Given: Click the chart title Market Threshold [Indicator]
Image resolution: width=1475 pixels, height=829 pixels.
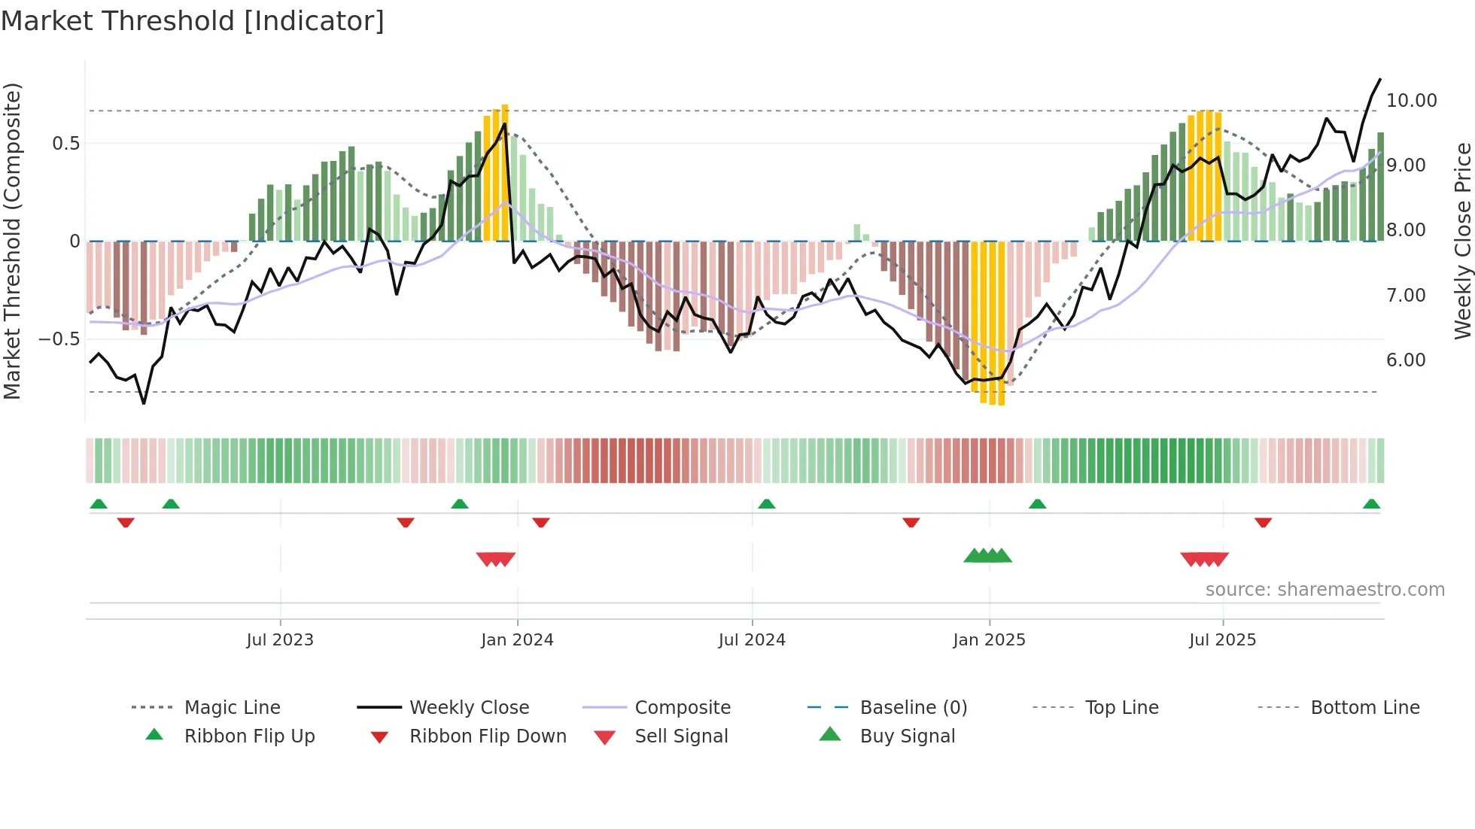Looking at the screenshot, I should [193, 21].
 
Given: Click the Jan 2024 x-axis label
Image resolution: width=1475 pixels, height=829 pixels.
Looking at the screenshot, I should [517, 640].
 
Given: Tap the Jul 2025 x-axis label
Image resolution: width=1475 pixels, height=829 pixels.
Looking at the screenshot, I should [1222, 640].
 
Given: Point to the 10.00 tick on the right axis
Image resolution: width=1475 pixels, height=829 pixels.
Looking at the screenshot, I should [1411, 101].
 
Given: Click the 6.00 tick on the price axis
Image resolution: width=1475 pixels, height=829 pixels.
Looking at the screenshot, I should [1406, 360].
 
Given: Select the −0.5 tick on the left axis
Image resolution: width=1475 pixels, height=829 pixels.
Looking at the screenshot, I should [59, 339].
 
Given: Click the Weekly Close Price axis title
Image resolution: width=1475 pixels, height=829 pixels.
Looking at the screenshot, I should [1462, 241].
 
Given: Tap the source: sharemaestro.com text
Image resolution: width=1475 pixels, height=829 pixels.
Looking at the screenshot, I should [1324, 590].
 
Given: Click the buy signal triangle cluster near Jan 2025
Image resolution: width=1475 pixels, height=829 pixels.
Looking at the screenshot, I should [987, 557].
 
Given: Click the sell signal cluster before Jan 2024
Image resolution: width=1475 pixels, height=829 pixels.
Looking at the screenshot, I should [496, 559].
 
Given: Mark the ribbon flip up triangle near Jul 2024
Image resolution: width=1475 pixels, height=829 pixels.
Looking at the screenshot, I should [766, 504].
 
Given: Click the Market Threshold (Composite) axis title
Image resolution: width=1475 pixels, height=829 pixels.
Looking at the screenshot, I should [12, 241].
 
